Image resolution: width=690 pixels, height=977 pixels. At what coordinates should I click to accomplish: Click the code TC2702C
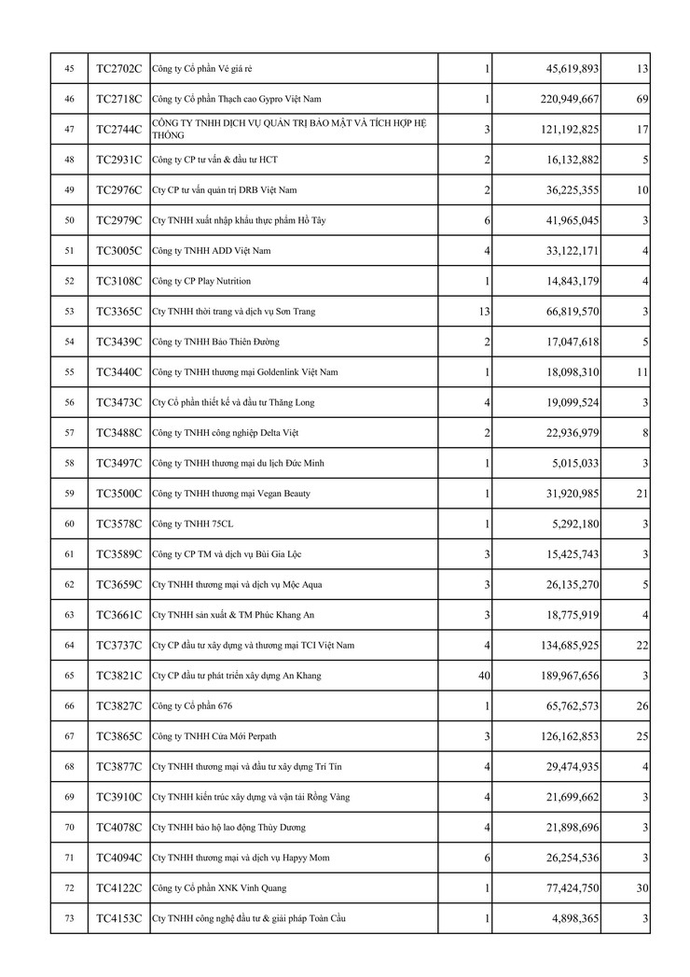[118, 69]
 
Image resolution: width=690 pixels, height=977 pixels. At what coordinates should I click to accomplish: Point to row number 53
[69, 312]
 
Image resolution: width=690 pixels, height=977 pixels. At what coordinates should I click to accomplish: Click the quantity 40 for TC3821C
[483, 676]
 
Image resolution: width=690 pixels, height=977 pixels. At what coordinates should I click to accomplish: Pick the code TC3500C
[118, 494]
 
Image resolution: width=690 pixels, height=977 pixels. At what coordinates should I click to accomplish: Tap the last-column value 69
[642, 99]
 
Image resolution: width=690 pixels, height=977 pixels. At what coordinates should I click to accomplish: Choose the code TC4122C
[118, 887]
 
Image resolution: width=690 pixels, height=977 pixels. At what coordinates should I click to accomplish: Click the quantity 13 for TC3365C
[483, 312]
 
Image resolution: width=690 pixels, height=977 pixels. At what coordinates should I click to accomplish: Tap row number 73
[69, 918]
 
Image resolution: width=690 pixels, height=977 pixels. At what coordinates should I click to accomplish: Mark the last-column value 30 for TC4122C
[642, 887]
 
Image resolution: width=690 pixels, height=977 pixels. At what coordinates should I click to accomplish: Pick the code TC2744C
[118, 130]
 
